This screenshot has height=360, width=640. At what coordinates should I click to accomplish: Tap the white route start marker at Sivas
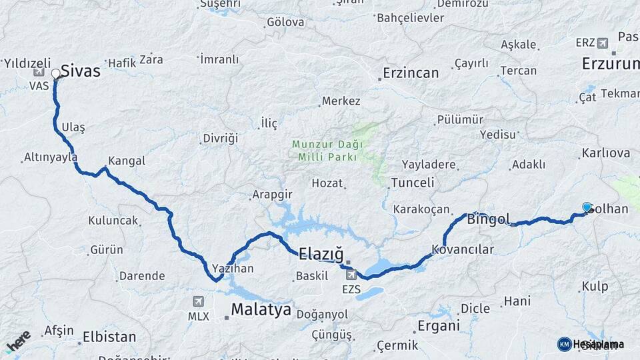(x=56, y=73)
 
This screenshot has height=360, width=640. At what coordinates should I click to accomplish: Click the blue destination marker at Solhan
(x=587, y=207)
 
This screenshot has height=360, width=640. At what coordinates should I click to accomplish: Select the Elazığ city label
(x=321, y=253)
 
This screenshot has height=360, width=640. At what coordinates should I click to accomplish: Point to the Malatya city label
(x=261, y=309)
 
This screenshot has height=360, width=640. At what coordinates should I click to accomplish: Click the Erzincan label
(x=411, y=73)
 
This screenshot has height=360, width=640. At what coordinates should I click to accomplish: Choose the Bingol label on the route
(x=489, y=219)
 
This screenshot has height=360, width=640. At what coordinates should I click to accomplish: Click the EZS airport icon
(x=351, y=275)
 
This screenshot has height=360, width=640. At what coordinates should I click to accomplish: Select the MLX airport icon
(x=198, y=301)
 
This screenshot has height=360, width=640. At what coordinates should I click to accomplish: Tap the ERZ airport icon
(x=603, y=43)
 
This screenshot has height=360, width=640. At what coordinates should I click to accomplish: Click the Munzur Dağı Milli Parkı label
(x=327, y=150)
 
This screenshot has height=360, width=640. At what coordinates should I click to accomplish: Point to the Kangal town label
(x=127, y=161)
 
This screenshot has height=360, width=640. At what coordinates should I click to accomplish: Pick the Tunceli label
(x=412, y=183)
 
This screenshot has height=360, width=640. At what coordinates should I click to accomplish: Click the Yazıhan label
(x=233, y=268)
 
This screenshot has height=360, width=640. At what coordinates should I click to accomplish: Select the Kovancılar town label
(x=463, y=250)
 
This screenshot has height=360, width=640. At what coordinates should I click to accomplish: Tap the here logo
(x=18, y=341)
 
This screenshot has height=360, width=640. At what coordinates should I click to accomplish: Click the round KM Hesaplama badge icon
(x=564, y=344)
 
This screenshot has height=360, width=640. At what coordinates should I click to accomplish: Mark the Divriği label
(x=220, y=139)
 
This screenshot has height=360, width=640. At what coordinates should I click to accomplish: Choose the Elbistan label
(x=109, y=337)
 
